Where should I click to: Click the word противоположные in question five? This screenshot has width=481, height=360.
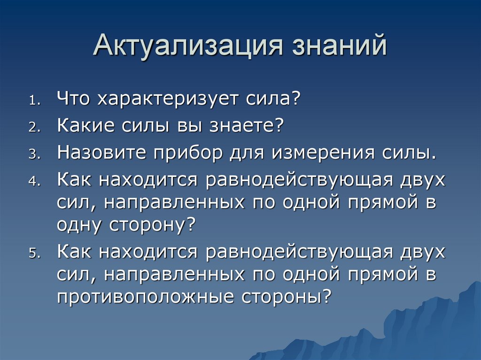146,297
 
